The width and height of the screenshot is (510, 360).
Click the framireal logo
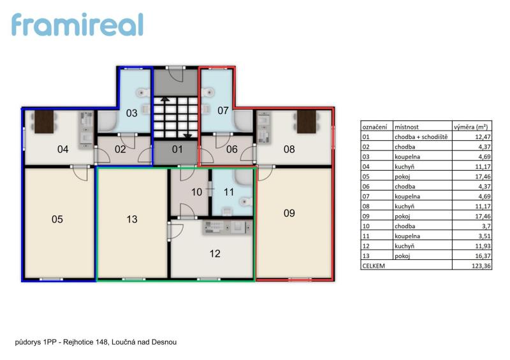[x=77, y=24]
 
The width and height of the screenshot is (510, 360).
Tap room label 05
[x=57, y=219]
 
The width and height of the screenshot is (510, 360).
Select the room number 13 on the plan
[x=132, y=219]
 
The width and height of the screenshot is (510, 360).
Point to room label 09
[x=289, y=213]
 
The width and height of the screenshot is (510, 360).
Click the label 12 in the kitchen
[x=215, y=254]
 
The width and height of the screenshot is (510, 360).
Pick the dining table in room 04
[x=44, y=122]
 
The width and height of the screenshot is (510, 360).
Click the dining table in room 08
[x=307, y=122]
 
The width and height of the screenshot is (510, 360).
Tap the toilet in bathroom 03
[x=143, y=92]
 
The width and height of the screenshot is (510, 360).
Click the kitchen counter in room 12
[x=228, y=227]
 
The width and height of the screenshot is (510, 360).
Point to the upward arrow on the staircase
[x=165, y=99]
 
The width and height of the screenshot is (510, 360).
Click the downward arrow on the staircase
[x=188, y=135]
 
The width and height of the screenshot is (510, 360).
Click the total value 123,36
[x=481, y=266]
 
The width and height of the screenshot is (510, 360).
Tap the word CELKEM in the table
[x=374, y=266]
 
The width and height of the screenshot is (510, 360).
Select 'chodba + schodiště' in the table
[x=421, y=137]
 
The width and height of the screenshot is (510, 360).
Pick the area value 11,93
[x=483, y=246]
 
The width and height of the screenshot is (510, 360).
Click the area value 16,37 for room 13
[x=483, y=256]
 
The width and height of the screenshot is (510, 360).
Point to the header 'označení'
[x=375, y=127]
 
